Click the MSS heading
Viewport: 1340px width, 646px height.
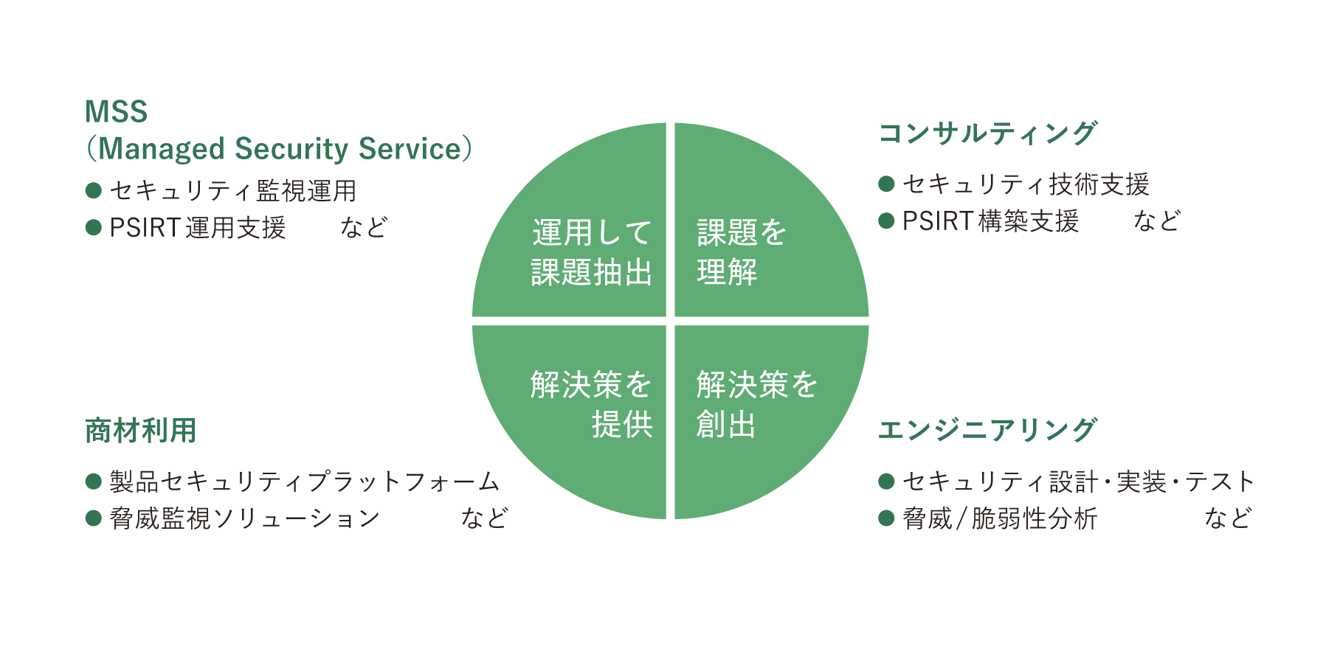(117, 112)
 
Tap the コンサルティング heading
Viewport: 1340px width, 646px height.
(987, 133)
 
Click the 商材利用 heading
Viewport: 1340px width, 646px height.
(141, 431)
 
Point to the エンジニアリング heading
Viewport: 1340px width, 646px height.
(987, 430)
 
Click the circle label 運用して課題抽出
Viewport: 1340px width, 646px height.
(592, 253)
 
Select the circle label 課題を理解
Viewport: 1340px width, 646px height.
(741, 253)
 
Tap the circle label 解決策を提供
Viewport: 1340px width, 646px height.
(592, 405)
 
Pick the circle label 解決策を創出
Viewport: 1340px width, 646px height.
(756, 405)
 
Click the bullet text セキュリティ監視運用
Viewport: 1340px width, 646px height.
(233, 191)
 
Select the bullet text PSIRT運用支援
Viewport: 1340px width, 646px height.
(198, 228)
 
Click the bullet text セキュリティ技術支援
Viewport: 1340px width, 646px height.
(1026, 184)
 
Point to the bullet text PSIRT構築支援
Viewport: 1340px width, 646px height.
(991, 221)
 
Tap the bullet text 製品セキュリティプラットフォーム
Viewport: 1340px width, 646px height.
(305, 482)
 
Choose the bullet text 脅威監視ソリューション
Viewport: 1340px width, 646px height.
(245, 519)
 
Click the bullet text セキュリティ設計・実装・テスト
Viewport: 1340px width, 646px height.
(1078, 482)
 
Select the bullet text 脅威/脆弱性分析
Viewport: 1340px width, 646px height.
(1000, 519)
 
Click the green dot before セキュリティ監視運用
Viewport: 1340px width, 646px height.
(93, 191)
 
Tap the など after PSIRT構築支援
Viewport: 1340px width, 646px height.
(1157, 221)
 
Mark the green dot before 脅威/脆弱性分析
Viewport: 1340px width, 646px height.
(886, 519)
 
